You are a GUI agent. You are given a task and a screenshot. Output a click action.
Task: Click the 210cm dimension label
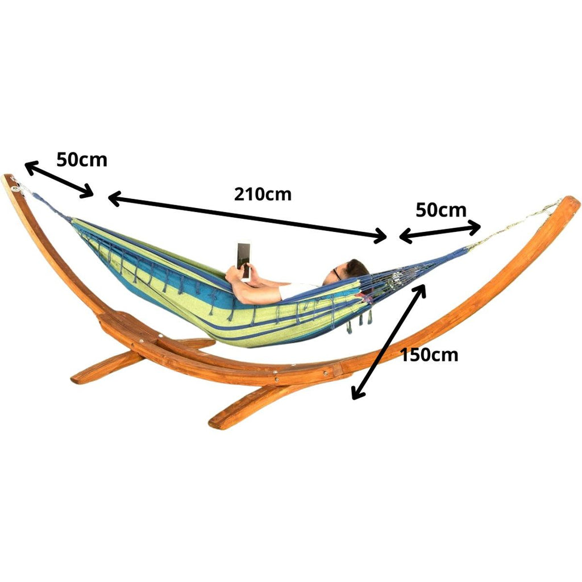tap(263, 194)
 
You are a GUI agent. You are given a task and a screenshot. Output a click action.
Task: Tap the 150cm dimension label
tap(429, 355)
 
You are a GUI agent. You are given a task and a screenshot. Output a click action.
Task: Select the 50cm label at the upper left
tap(82, 160)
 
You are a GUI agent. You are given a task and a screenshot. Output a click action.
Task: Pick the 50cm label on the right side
tap(441, 210)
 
